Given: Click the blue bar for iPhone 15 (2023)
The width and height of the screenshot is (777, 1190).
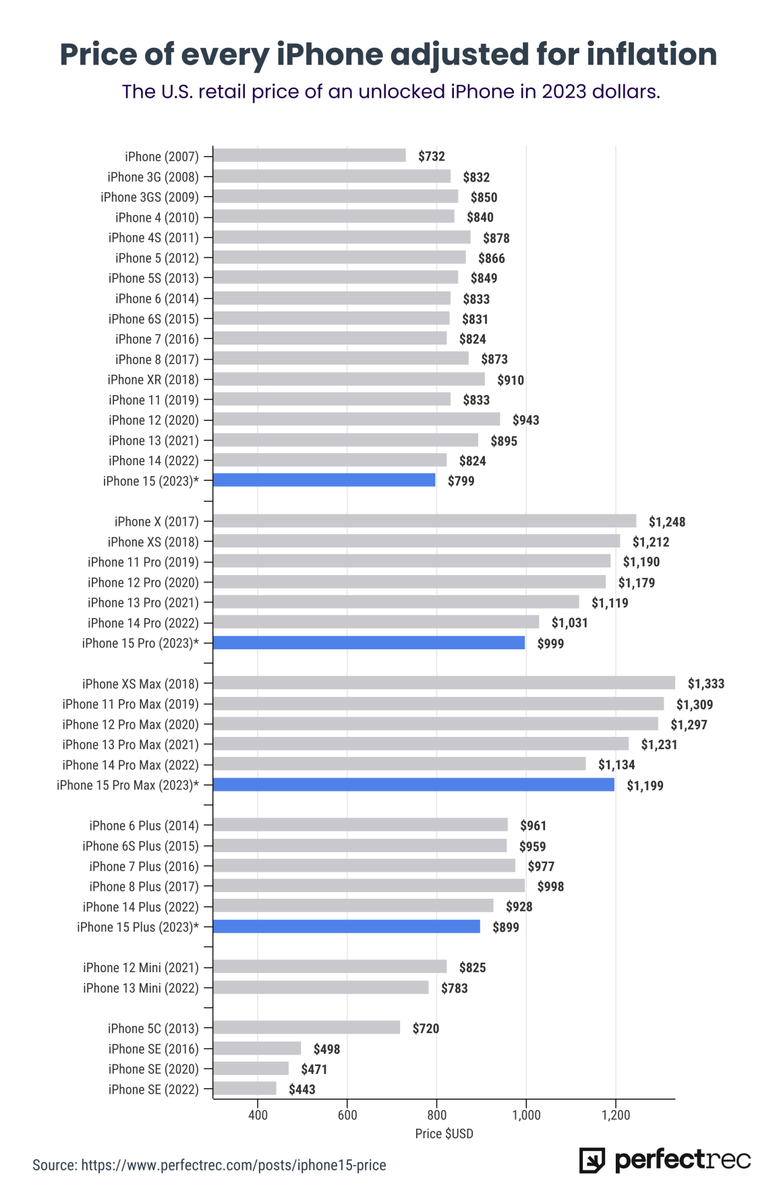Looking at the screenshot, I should coord(324,480).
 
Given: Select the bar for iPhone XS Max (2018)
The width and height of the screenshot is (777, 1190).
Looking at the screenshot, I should coord(444,683).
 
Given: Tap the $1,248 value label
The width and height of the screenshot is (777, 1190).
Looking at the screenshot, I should coord(666,522).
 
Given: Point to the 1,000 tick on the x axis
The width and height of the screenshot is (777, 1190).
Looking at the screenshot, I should coord(526,1115).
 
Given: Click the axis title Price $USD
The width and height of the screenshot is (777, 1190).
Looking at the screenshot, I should coord(444,1134).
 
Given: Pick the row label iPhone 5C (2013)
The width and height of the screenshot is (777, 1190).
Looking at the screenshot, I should coord(153,1028).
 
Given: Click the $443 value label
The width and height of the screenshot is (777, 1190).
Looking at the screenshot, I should coord(301,1090).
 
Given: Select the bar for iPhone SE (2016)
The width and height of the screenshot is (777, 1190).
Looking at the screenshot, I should coord(257,1048).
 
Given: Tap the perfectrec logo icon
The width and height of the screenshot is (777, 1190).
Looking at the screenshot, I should coord(592,1160).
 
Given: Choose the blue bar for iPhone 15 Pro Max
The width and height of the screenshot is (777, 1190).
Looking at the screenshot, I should coord(413,785).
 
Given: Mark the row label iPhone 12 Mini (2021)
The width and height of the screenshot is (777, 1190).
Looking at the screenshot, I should coord(141,968).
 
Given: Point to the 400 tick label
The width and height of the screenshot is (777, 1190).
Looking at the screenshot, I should coord(258,1115).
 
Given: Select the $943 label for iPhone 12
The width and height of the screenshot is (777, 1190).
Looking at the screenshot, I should coord(525,420).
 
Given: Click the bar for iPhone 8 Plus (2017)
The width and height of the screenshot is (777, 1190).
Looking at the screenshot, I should coord(369,886).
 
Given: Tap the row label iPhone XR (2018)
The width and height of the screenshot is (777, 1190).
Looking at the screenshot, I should coord(153,380).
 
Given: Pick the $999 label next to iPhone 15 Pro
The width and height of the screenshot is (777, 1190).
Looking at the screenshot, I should coord(550,643).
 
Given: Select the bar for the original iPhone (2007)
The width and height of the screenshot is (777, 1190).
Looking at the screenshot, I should coord(310,156).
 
